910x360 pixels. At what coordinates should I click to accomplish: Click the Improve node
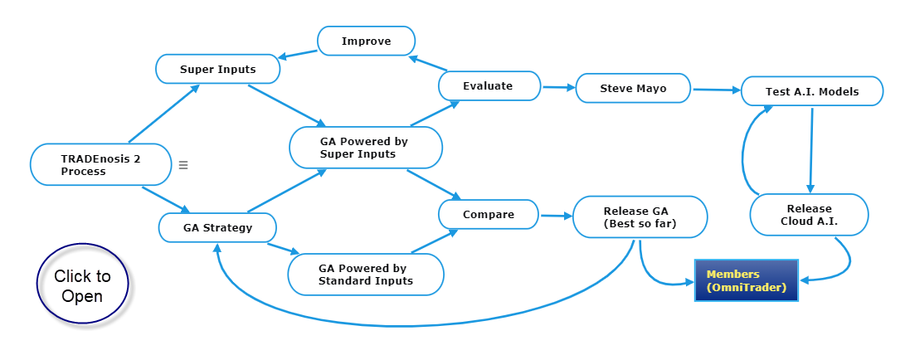tap(366, 41)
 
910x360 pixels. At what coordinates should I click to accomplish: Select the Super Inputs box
tap(217, 69)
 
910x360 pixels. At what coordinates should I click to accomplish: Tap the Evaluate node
tap(489, 86)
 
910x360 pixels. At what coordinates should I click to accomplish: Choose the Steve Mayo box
tap(633, 88)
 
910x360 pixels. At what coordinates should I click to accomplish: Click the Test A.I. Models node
tap(812, 91)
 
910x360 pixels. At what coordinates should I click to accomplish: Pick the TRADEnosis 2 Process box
tap(101, 165)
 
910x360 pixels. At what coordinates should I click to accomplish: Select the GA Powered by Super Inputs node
tap(366, 148)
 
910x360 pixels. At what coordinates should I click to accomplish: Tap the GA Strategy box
tap(217, 227)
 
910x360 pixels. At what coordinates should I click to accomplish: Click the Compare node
tap(489, 215)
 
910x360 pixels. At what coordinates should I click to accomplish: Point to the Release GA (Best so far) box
tap(640, 217)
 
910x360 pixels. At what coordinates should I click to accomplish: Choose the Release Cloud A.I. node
tap(809, 215)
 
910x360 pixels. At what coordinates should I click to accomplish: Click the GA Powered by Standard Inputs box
tap(366, 275)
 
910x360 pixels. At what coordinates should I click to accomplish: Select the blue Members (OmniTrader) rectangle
tap(747, 280)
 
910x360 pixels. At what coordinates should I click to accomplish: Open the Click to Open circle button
tap(82, 285)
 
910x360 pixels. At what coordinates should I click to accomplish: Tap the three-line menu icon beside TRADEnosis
tap(183, 165)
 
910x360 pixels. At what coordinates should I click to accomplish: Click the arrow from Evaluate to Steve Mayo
tap(557, 88)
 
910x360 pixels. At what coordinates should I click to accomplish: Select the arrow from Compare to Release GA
tap(556, 216)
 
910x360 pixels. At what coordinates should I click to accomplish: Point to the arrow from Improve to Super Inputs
tap(297, 54)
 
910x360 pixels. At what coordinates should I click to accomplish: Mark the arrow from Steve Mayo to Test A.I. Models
tap(717, 90)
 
